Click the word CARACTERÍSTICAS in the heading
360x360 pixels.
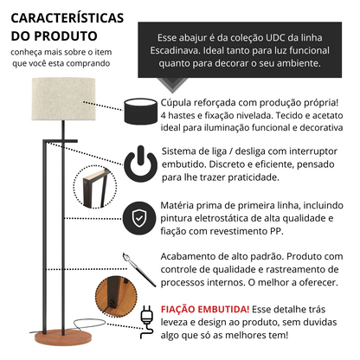(67, 18)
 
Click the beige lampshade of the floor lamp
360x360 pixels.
(63, 99)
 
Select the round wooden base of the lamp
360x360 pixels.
(63, 337)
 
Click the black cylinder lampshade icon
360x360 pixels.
(141, 111)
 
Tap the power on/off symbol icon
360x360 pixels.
(141, 164)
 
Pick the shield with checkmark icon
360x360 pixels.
(139, 218)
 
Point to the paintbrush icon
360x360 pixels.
(138, 270)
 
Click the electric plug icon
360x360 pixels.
(147, 322)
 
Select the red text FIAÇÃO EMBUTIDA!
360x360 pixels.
(205, 309)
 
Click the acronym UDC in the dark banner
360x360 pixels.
(275, 38)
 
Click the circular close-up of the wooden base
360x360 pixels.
(116, 296)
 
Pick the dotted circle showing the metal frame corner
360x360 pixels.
(95, 187)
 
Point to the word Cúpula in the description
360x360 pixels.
(176, 103)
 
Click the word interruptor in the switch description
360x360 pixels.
(313, 151)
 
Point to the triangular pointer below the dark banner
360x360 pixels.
(172, 84)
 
